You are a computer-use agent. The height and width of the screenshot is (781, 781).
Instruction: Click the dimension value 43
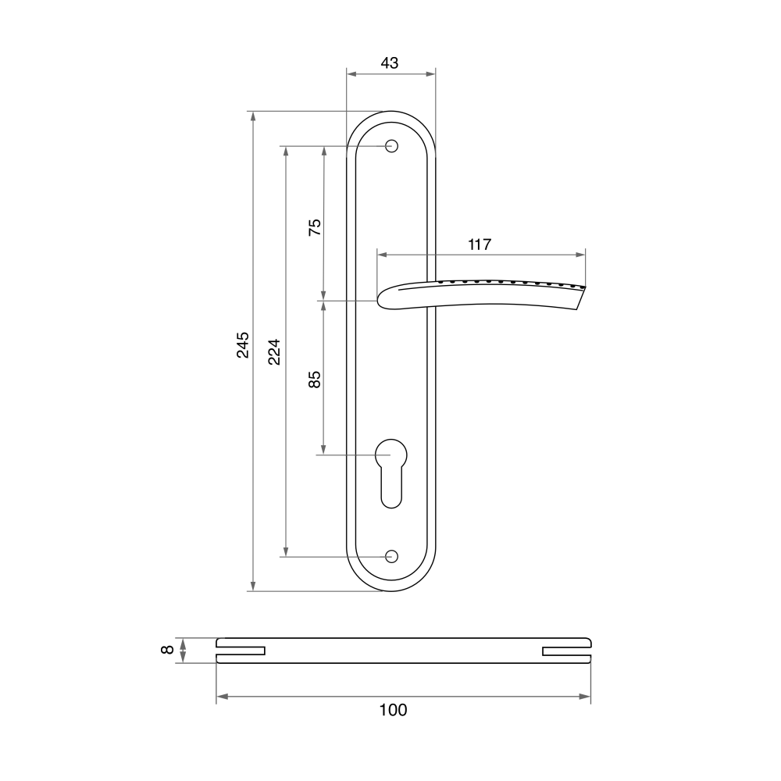click(x=390, y=63)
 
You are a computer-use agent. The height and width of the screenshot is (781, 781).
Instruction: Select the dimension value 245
click(x=243, y=344)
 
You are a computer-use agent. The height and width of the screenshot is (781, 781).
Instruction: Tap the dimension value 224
click(x=274, y=352)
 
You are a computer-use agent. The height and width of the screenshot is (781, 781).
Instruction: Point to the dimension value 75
click(x=315, y=227)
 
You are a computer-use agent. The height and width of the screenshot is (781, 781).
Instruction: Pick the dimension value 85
click(x=315, y=380)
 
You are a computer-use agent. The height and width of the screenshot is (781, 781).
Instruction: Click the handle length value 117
click(x=480, y=244)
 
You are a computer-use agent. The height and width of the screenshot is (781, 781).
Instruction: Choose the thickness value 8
click(x=169, y=650)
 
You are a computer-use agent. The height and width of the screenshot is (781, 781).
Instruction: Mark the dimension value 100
click(x=393, y=710)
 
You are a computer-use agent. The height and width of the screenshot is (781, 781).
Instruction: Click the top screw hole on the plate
click(x=391, y=147)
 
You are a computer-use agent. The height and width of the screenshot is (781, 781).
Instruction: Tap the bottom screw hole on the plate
click(x=391, y=556)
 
